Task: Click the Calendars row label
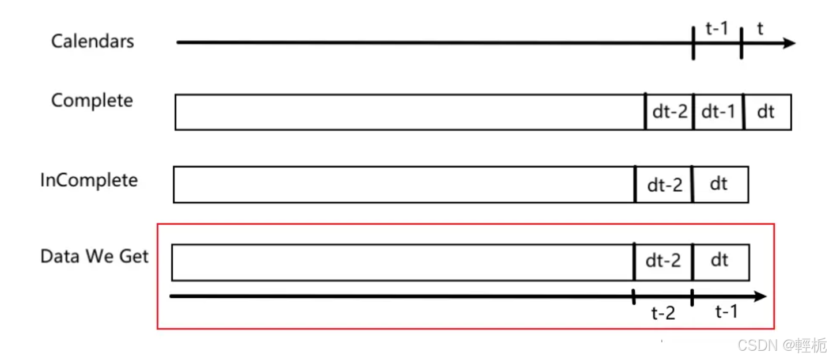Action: tap(92, 41)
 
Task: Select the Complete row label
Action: tap(92, 101)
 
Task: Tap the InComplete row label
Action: tap(89, 180)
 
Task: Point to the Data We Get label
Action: tap(94, 256)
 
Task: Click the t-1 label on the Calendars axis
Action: tap(717, 28)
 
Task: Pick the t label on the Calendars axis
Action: tap(760, 29)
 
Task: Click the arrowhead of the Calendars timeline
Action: tap(789, 43)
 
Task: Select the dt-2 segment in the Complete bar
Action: tap(669, 112)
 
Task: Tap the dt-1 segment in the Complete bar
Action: tap(718, 112)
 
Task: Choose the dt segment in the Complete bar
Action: tap(766, 112)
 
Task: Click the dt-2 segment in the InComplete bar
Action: tap(664, 185)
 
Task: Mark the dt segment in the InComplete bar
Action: tap(719, 184)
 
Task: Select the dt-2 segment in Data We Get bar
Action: tap(663, 262)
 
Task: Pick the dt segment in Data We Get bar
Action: tap(720, 261)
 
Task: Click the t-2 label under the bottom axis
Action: tap(663, 313)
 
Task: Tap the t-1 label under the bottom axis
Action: tap(726, 312)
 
